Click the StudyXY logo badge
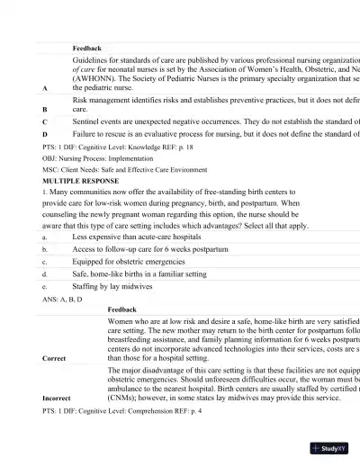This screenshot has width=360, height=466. pyautogui.click(x=331, y=447)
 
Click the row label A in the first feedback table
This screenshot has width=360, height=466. pyautogui.click(x=45, y=88)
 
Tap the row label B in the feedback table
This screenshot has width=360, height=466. pyautogui.click(x=45, y=108)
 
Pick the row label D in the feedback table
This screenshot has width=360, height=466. pyautogui.click(x=45, y=134)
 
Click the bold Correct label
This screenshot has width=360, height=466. pyautogui.click(x=54, y=358)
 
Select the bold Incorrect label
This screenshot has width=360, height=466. pyautogui.click(x=57, y=397)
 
